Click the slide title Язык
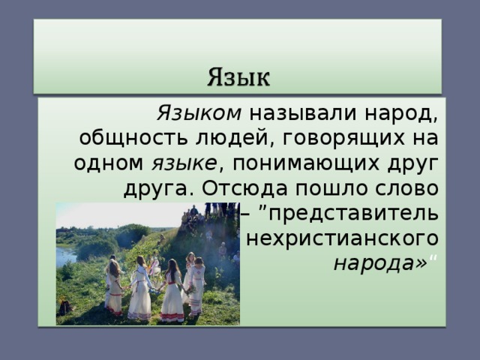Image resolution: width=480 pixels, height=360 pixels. point(239,76)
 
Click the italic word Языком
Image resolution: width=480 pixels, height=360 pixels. point(199,114)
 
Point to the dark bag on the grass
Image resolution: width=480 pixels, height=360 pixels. point(65,308)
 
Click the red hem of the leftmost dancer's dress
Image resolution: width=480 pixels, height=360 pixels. point(114,309)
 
